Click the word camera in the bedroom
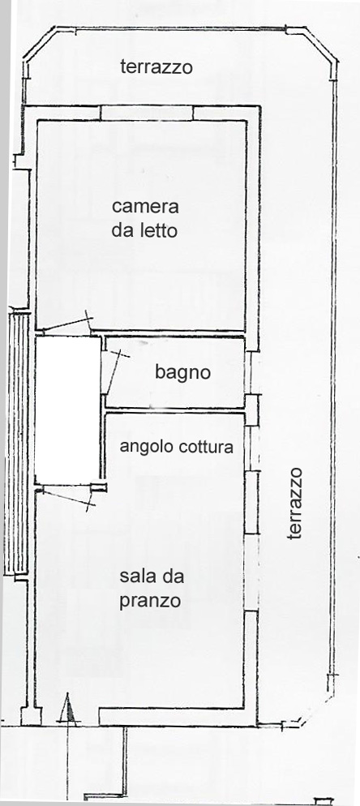(x=145, y=207)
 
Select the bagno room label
(x=182, y=373)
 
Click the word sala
(x=137, y=577)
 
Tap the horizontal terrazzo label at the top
(x=156, y=66)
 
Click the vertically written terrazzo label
(x=294, y=504)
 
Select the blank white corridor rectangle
(x=67, y=409)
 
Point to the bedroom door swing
(x=66, y=322)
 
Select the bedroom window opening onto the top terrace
(x=147, y=113)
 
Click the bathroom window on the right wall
(x=251, y=373)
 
